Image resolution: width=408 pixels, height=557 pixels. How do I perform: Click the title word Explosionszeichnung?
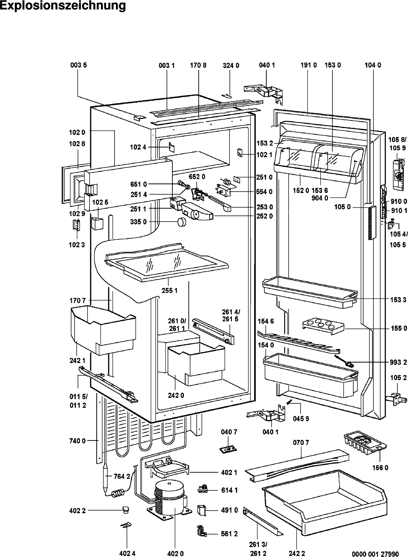pos(63,6)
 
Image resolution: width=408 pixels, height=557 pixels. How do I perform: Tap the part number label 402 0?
pos(175,553)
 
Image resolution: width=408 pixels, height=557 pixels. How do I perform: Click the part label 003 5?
pos(79,65)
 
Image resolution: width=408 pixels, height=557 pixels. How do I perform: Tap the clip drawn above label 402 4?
pos(126,535)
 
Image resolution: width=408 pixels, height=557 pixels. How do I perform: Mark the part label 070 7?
pos(301,443)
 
